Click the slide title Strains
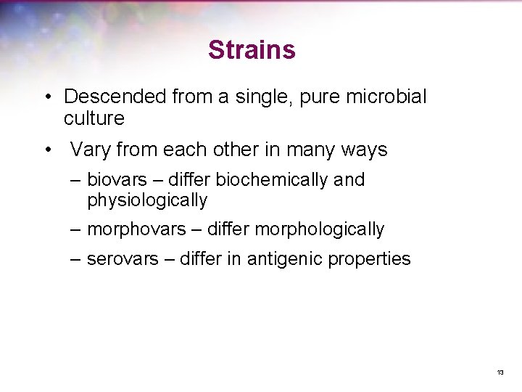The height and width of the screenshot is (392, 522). tap(252, 50)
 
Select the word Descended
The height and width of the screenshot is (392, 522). tap(115, 97)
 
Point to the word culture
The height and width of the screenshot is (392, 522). tap(94, 118)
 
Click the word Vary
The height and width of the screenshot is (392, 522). tap(89, 150)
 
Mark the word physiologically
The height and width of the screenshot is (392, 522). tap(147, 200)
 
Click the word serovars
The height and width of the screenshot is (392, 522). tap(122, 259)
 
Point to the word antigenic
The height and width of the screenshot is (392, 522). tap(284, 259)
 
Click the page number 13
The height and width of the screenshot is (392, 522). tap(500, 372)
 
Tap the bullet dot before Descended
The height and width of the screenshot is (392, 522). tap(46, 97)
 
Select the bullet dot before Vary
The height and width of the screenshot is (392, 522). tap(46, 151)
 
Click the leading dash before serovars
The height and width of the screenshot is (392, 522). tap(75, 259)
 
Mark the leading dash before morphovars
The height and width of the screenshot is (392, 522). tap(75, 229)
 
